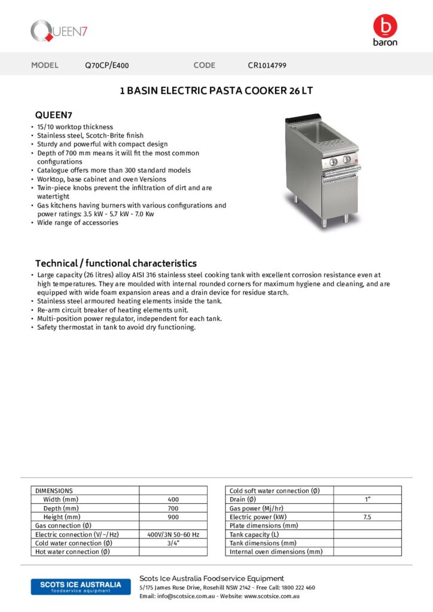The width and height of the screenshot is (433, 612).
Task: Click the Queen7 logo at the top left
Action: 59,31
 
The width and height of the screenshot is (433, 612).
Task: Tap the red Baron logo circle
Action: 385,26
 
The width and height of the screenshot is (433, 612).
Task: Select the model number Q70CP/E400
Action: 107,65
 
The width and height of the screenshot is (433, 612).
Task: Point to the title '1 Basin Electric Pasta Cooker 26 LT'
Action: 216,91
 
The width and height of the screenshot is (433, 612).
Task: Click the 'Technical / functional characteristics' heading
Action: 115,263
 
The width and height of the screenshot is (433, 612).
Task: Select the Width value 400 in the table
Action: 173,500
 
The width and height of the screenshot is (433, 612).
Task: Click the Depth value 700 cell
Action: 173,508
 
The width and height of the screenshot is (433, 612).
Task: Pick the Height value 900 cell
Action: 173,517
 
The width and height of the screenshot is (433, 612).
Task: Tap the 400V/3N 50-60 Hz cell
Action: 173,534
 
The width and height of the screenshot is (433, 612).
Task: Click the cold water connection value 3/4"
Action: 173,543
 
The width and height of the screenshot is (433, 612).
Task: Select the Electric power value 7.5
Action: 367,517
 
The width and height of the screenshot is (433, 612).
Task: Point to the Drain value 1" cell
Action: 367,500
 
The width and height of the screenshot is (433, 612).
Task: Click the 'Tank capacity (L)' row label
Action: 254,534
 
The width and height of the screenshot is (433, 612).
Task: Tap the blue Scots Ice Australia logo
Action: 77,586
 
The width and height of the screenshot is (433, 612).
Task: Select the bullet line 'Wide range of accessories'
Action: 78,223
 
